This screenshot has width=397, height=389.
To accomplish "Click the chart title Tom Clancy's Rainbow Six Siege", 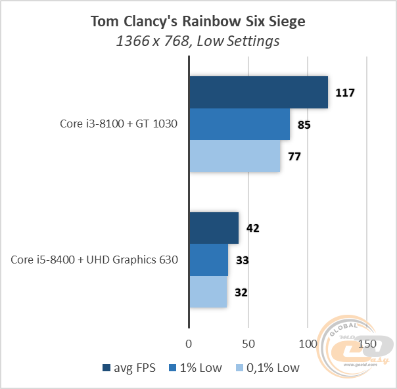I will [x=198, y=22].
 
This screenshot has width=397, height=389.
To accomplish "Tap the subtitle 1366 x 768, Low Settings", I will [x=198, y=41].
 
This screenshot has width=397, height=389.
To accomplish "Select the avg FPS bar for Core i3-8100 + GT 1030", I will [x=258, y=92].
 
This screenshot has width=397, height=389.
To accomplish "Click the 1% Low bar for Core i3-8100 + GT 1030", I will [x=239, y=124].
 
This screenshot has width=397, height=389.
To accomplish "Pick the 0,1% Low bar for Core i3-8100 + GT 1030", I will [x=235, y=156].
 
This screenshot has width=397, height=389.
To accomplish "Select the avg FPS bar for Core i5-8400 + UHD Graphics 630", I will [x=214, y=228].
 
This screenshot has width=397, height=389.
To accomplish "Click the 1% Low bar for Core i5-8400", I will [x=208, y=260].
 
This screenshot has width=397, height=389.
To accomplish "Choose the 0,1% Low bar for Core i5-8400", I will [x=208, y=292].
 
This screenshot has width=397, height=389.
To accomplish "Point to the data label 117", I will [x=344, y=93].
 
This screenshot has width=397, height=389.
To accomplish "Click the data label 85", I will [x=304, y=124].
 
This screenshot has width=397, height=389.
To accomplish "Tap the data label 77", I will [x=294, y=156].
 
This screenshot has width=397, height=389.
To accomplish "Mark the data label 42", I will [x=252, y=229].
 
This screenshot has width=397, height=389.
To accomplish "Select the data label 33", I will [x=242, y=260].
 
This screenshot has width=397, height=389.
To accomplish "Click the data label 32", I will [x=241, y=292].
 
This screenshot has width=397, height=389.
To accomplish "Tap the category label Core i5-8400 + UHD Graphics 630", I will [x=94, y=260].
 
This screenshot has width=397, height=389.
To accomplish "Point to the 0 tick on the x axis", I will [x=189, y=344].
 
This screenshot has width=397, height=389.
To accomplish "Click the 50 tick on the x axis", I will [x=248, y=344].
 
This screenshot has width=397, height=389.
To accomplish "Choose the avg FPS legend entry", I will [x=129, y=368].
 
